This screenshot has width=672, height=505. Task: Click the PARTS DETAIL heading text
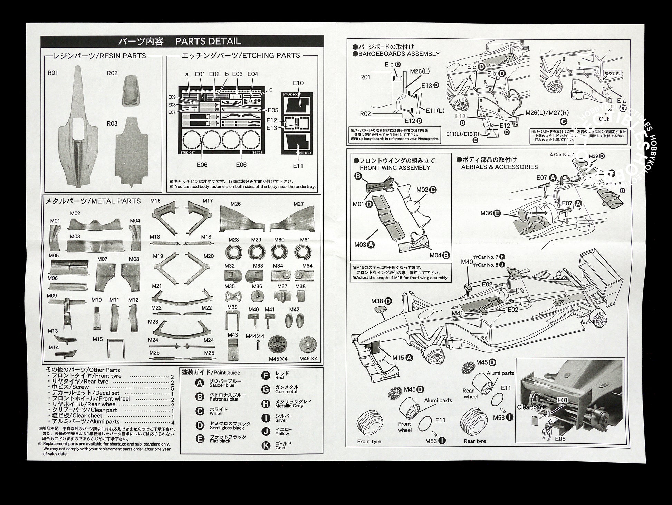(x=208, y=42)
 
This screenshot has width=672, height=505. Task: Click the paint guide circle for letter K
(x=266, y=445)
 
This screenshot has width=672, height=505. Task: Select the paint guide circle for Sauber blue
(x=200, y=383)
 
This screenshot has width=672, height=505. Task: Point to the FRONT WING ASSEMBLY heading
(x=395, y=168)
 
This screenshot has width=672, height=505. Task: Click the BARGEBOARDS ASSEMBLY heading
(x=399, y=54)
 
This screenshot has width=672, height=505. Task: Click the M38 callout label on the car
(x=377, y=301)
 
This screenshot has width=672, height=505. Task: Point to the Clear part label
(x=530, y=407)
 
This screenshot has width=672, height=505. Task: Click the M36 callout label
(x=486, y=213)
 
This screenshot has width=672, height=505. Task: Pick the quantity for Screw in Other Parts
(x=172, y=387)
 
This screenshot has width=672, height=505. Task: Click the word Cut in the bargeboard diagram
(x=604, y=119)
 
